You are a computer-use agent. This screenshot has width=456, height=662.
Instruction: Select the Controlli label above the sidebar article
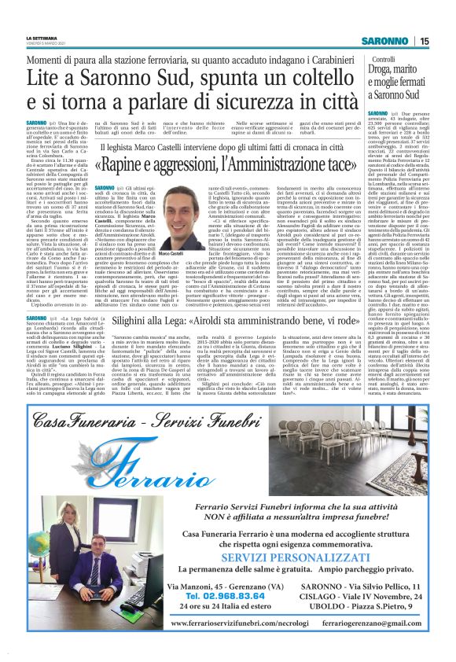click(406, 60)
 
